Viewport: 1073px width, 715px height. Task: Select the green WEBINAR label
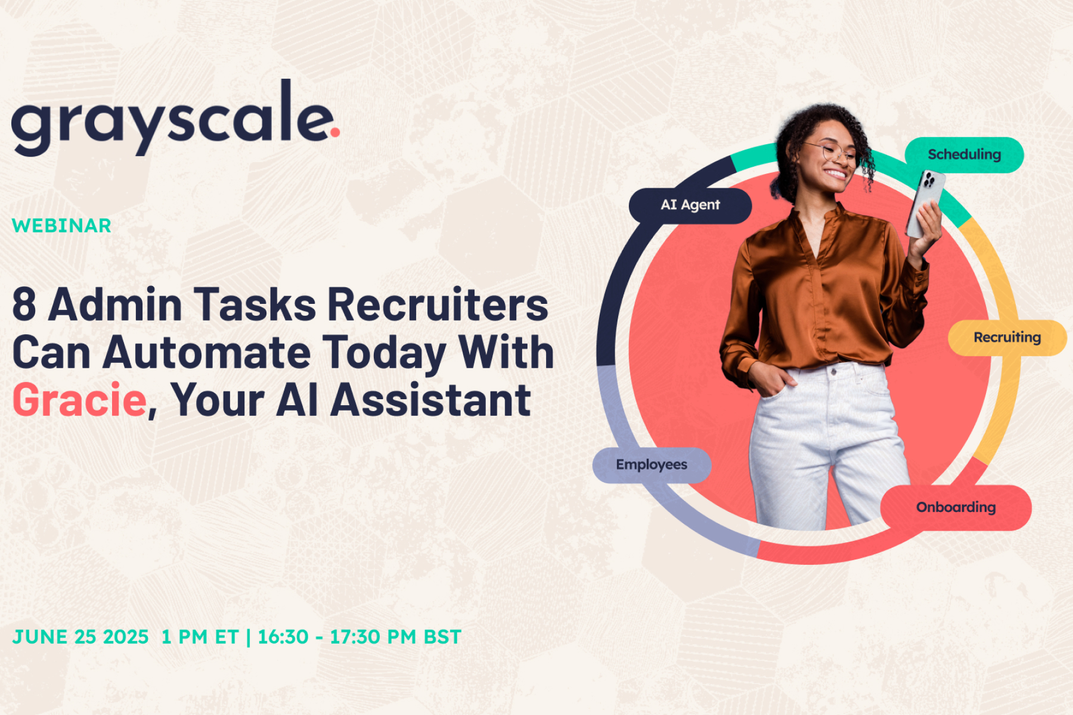point(61,226)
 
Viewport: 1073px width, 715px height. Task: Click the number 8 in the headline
point(24,304)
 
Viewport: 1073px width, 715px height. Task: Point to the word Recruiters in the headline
point(438,304)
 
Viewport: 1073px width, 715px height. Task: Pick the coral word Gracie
point(79,400)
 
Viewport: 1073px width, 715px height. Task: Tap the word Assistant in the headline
point(430,400)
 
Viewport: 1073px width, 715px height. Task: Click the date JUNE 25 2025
point(80,637)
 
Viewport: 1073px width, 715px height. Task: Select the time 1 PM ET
point(200,637)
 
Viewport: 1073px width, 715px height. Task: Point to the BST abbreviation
point(442,637)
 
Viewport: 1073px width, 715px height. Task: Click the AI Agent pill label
point(690,206)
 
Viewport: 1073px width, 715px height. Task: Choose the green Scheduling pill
point(964,155)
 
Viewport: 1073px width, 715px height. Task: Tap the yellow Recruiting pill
point(1007,338)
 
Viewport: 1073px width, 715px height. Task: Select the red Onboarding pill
point(956,508)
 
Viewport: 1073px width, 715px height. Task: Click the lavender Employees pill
point(652,465)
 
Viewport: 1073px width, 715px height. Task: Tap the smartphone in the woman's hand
point(925,203)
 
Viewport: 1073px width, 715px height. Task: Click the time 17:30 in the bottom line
point(355,637)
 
